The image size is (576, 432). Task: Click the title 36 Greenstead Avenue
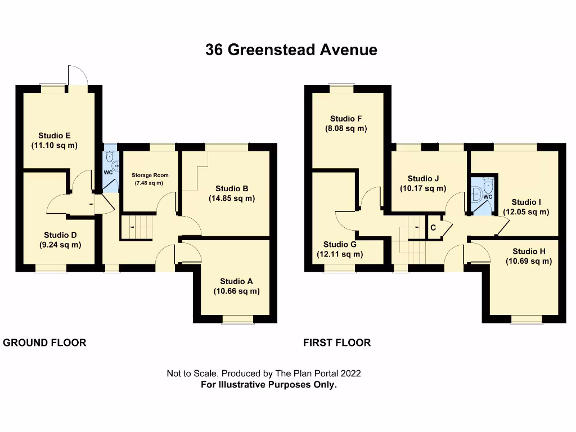291,50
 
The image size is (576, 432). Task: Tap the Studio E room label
54,135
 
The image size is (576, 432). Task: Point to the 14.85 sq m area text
232,199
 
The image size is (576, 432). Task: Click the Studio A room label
236,281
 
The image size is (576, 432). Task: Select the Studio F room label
346,119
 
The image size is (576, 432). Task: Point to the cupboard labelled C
433,228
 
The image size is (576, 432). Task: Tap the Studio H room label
528,251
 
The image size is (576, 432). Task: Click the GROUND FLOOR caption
45,343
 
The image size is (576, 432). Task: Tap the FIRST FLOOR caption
337,343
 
